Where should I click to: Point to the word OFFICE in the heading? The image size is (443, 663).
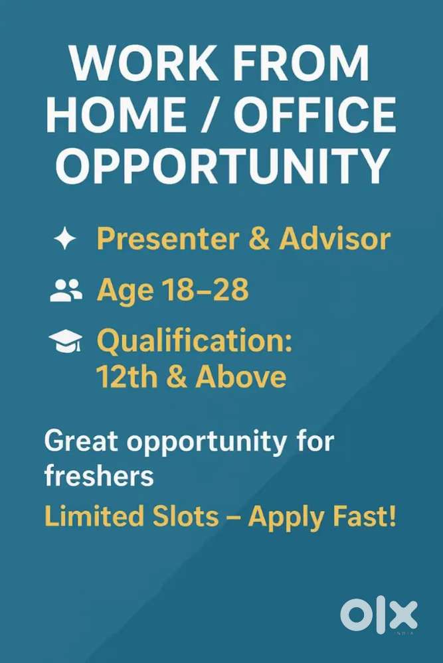[315, 114]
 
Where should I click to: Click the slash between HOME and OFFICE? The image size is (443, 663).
[210, 114]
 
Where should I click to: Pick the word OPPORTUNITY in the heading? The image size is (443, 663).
[222, 165]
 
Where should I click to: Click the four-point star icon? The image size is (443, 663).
[64, 238]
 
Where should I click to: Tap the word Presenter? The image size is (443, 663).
[168, 239]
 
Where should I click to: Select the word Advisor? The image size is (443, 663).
[334, 238]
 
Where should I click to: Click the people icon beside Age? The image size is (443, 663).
[66, 290]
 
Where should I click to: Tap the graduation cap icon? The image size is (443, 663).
[66, 341]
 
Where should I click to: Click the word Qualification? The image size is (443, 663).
[195, 342]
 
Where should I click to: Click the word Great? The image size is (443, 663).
[81, 441]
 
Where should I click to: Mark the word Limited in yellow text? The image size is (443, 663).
[94, 516]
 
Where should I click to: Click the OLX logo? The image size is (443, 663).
[379, 615]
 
